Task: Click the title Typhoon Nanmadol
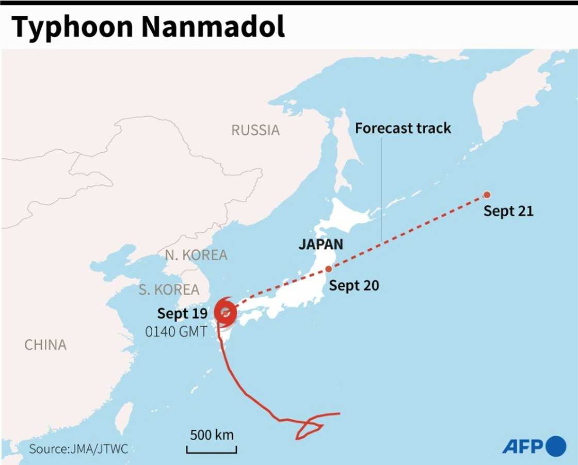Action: click(148, 28)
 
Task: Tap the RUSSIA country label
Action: click(255, 130)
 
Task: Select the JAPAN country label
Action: click(321, 244)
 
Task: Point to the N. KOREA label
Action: click(196, 255)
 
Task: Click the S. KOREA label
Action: click(169, 290)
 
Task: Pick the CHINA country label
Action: click(45, 345)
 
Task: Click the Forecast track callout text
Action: click(403, 128)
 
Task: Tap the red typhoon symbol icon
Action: click(226, 312)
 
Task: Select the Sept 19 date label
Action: click(182, 313)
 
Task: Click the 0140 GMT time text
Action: click(176, 331)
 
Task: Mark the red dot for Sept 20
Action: click(329, 269)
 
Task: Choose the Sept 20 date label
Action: click(354, 285)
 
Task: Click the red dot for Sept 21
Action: click(487, 195)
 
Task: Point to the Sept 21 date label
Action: click(508, 211)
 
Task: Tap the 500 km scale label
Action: click(212, 435)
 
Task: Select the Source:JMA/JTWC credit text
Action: click(78, 449)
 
